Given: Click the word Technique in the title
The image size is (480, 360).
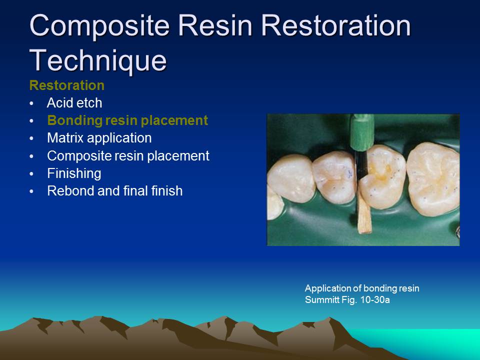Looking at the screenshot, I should click(x=98, y=60).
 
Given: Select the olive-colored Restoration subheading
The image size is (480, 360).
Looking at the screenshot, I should click(x=67, y=85).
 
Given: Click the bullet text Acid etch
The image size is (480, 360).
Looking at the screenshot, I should click(x=74, y=103).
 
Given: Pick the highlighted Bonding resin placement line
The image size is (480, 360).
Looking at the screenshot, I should click(x=127, y=120).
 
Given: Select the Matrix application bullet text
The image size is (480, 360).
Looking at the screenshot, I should click(x=99, y=137).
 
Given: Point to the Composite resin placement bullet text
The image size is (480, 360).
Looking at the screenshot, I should click(x=128, y=155).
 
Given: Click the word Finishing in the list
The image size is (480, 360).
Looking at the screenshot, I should click(x=74, y=173).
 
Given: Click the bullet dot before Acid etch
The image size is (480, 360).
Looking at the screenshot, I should click(x=31, y=104).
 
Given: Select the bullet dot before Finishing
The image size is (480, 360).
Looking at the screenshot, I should click(x=31, y=174).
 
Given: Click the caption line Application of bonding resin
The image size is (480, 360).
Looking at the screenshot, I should click(x=362, y=288).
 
